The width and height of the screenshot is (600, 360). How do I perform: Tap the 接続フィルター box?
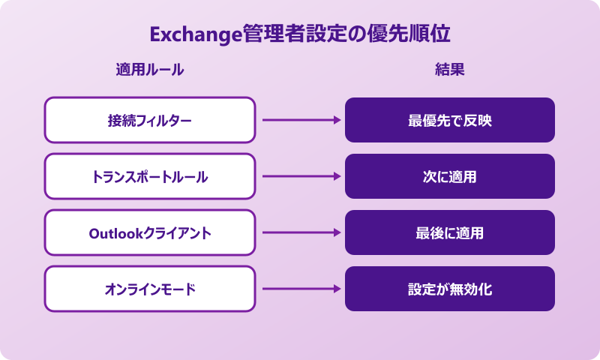(x=150, y=120)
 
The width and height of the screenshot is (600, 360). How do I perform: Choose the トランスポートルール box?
(x=150, y=176)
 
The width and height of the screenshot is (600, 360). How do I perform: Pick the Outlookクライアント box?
(x=150, y=232)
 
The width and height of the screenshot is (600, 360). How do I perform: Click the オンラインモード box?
(x=150, y=289)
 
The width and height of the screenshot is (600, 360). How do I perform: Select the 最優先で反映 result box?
(x=450, y=120)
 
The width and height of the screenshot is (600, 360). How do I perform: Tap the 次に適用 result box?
(x=450, y=176)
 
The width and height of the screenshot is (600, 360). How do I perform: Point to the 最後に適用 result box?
(x=450, y=232)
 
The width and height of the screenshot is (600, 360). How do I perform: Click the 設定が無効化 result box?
(x=450, y=289)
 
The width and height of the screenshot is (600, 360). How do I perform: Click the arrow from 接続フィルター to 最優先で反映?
(x=300, y=120)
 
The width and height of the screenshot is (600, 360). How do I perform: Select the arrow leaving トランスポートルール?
(x=300, y=176)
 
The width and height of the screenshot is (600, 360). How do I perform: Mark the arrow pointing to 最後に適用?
(x=300, y=232)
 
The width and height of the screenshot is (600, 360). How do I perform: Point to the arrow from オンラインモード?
(x=300, y=289)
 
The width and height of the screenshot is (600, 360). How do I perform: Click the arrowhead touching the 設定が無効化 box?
(x=337, y=289)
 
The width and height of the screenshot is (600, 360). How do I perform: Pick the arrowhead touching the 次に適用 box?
(x=337, y=176)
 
